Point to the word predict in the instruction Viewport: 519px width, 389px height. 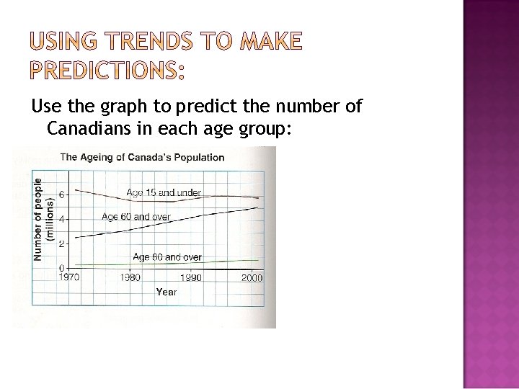[216, 108]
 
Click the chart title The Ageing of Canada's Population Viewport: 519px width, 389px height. [142, 157]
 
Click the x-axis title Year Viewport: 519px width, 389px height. [166, 292]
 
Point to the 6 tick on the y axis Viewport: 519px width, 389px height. [61, 194]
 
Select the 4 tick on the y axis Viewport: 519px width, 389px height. [61, 219]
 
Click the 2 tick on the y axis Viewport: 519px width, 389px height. [61, 243]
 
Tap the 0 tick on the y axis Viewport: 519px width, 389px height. [61, 268]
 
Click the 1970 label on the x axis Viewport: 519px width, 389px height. [70, 277]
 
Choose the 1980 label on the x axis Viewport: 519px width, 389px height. [130, 277]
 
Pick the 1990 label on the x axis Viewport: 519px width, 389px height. [191, 277]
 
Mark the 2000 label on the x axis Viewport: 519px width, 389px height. [252, 277]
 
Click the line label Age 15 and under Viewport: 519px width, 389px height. [163, 192]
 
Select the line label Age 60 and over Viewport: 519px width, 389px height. [136, 216]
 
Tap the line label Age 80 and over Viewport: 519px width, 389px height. [167, 256]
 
